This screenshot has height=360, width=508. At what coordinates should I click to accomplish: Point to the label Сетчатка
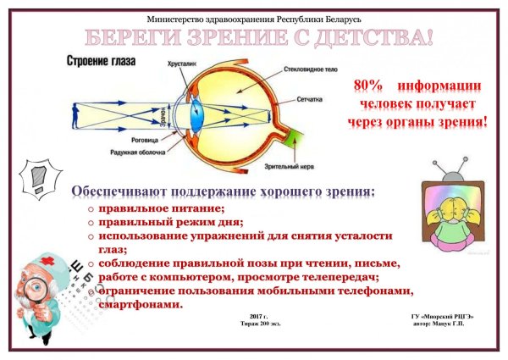[x=298, y=99]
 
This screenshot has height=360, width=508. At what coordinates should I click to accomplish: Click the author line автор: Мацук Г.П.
[x=444, y=324]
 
